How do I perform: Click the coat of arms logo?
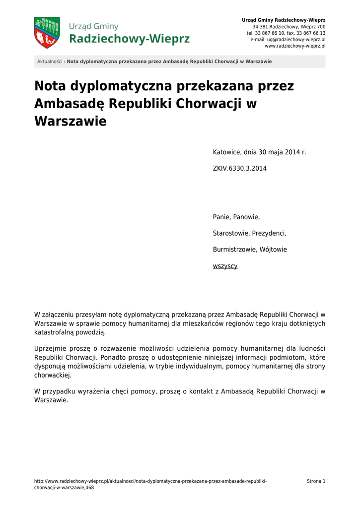47,33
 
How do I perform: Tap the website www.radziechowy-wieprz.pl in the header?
295,46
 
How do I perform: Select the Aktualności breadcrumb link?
50,62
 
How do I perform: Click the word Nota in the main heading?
50,86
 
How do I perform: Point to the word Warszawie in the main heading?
70,121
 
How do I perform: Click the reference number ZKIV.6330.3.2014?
239,169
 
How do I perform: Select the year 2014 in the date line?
292,152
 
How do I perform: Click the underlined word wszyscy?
225,266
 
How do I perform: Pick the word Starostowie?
230,234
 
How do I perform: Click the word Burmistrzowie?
233,250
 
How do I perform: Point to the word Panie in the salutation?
221,217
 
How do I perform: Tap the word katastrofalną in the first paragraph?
53,332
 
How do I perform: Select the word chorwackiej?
53,376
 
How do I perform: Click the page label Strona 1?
316,481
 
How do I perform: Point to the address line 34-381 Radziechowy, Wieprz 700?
289,26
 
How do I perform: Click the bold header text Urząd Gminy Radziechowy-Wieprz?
284,20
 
